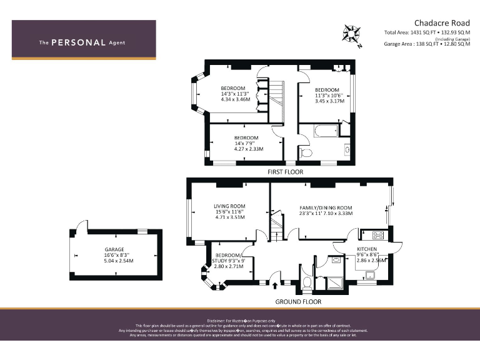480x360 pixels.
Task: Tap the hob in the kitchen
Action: click(378, 235)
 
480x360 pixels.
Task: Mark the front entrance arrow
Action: click(276, 286)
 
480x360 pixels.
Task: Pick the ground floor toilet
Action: click(306, 284)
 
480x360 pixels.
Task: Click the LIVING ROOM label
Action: click(229, 206)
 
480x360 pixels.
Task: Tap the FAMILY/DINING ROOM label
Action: click(326, 207)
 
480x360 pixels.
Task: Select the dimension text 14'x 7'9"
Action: click(246, 143)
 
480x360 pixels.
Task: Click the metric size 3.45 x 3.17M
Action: click(329, 101)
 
